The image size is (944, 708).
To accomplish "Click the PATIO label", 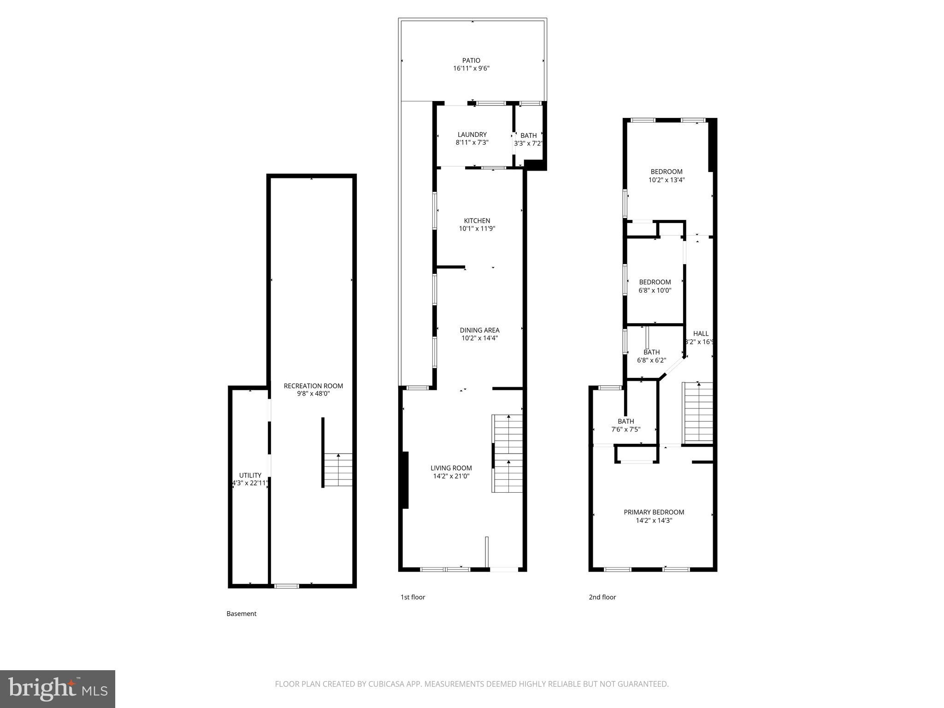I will click(x=471, y=60).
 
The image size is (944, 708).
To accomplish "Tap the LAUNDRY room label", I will click(x=472, y=135).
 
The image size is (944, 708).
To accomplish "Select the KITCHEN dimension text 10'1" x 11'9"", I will click(x=477, y=229).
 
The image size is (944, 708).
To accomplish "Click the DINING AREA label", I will click(x=479, y=330).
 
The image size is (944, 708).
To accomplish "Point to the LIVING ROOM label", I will click(x=451, y=468).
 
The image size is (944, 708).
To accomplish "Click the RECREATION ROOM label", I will click(x=313, y=386).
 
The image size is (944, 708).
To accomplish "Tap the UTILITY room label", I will click(x=250, y=475).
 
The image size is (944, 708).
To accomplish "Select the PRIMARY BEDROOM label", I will click(x=654, y=512).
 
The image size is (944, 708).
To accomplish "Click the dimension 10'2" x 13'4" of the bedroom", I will click(x=667, y=180).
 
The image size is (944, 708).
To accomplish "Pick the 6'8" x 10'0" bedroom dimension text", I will click(x=655, y=290).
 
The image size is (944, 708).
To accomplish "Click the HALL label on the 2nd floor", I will click(x=701, y=334).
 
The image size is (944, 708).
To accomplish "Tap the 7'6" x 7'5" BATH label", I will click(x=625, y=421).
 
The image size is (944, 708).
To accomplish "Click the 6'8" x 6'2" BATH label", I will click(x=651, y=352).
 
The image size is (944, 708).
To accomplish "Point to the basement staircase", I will click(x=338, y=470).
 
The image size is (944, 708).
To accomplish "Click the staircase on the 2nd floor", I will click(x=698, y=413).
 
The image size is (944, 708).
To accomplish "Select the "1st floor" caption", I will click(x=413, y=597).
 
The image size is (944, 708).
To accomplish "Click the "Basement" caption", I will click(x=241, y=614).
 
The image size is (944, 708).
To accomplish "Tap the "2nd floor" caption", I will click(x=602, y=597).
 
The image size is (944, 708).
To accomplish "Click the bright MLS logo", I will click(x=57, y=689).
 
